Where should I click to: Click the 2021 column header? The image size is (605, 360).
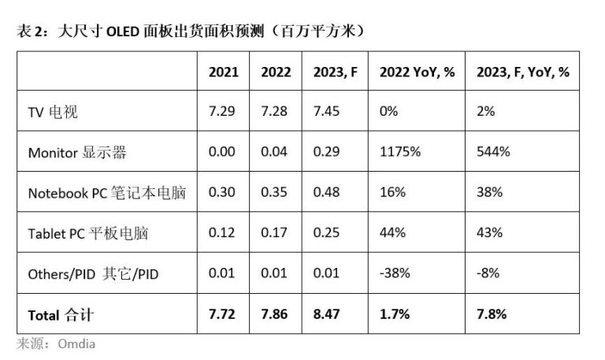(224, 72)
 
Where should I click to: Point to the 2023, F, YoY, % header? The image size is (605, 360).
(523, 72)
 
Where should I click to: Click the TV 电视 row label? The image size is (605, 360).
(54, 112)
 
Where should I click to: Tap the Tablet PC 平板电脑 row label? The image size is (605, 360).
(88, 234)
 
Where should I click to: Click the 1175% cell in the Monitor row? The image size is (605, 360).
(399, 153)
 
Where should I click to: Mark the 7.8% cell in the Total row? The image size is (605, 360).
(492, 315)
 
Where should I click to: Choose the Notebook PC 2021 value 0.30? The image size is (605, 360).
(222, 193)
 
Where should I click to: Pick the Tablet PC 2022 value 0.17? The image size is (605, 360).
(275, 234)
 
